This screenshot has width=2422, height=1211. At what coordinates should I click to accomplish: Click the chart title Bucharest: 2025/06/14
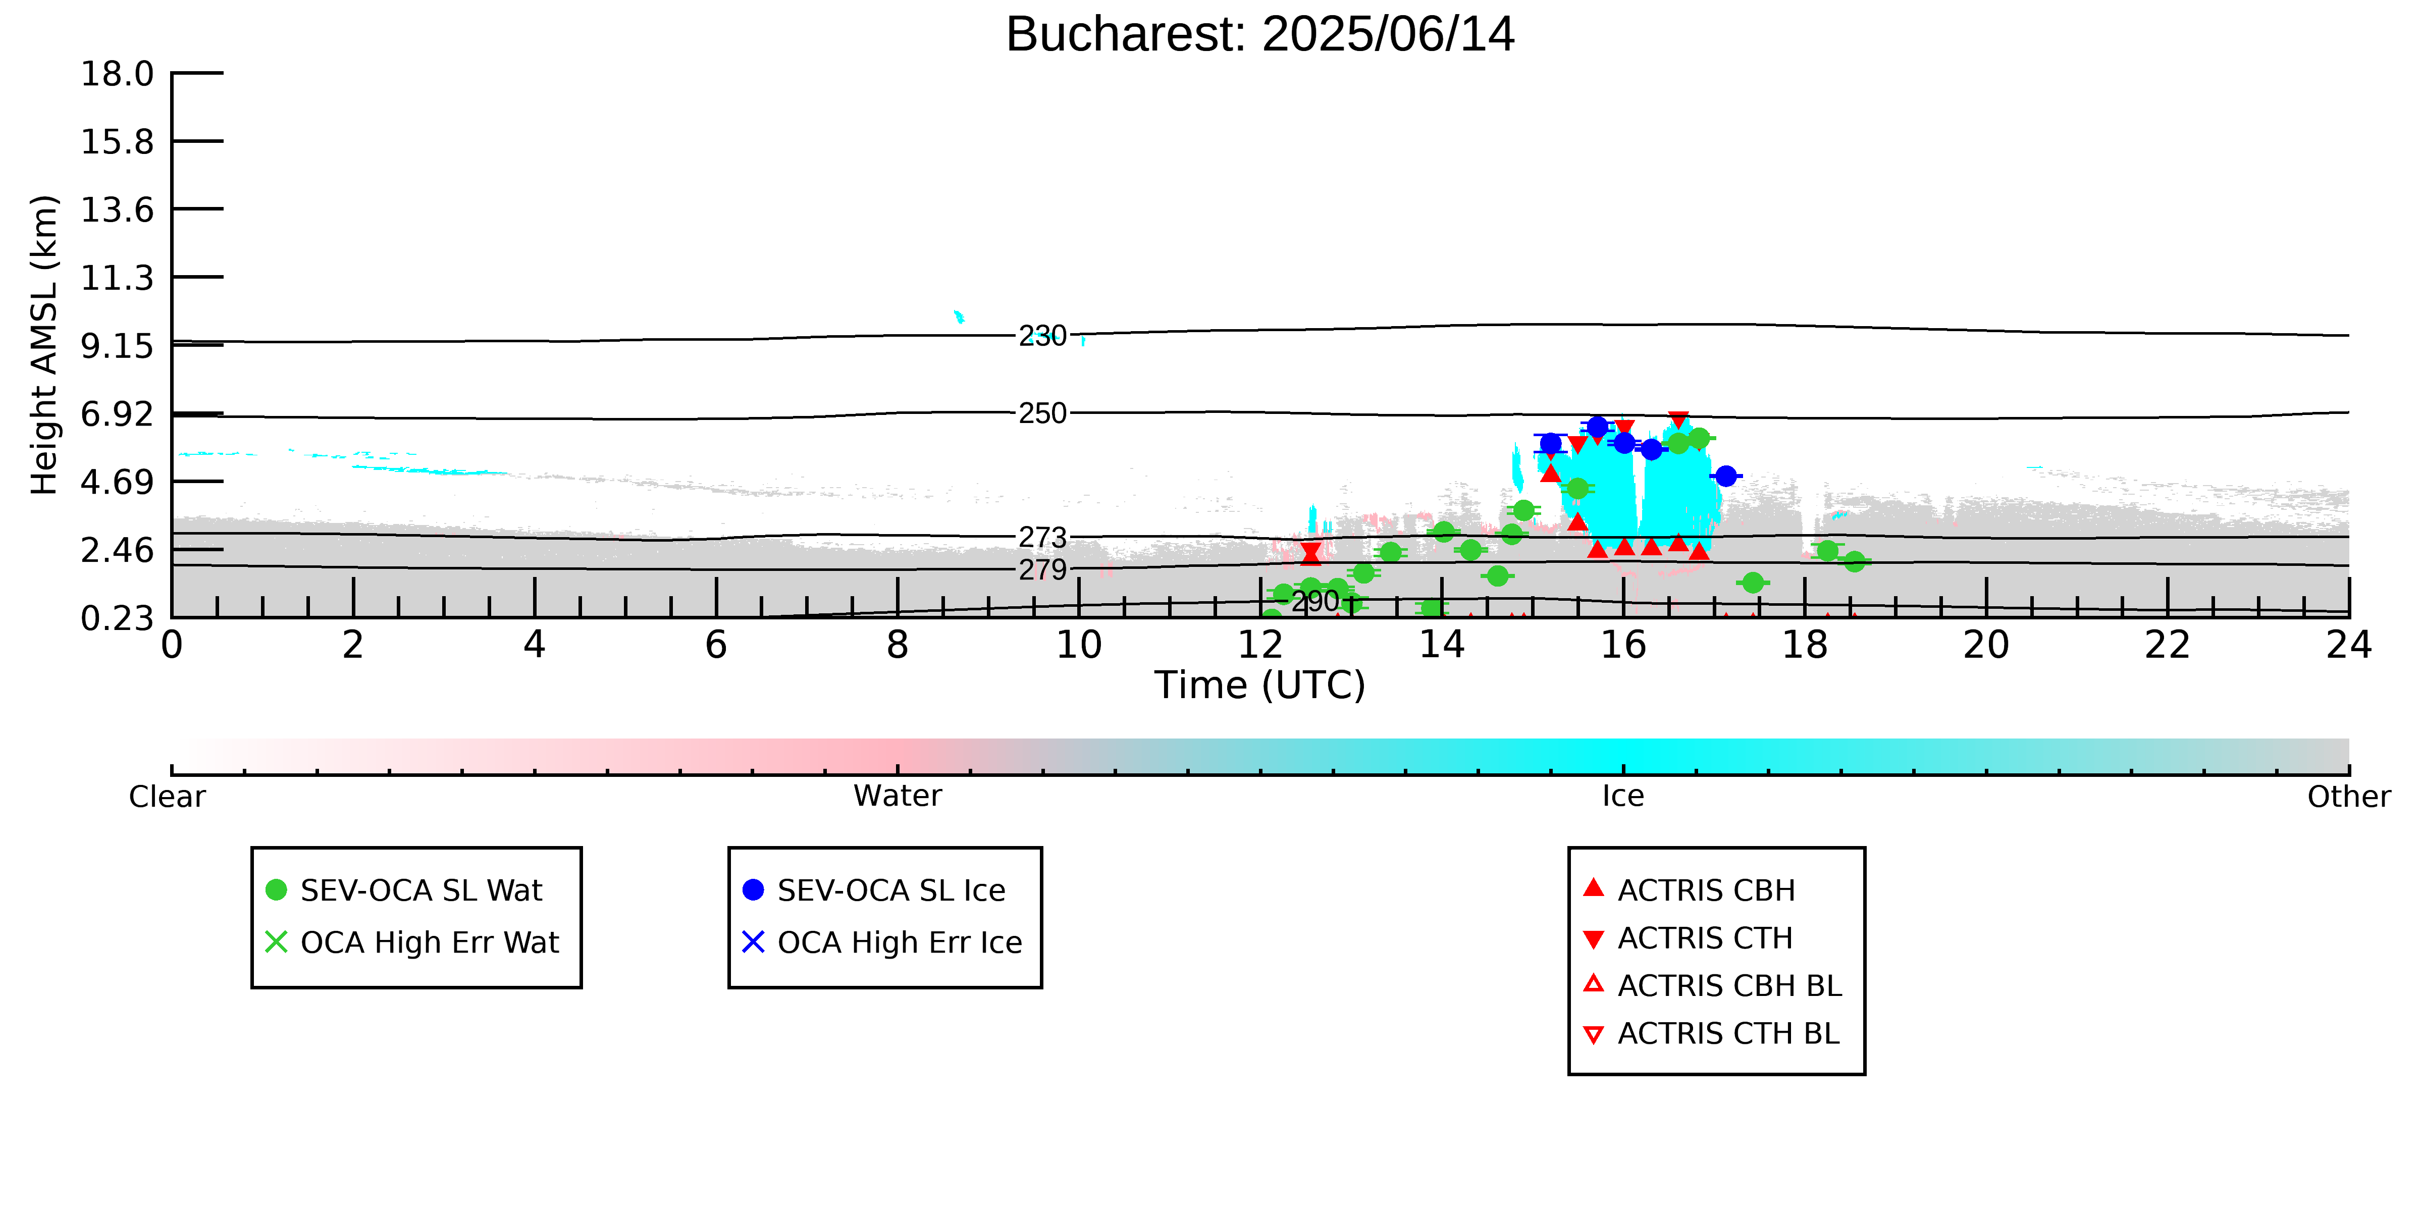1260,35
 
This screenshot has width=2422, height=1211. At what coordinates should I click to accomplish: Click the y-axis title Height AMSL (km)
44,345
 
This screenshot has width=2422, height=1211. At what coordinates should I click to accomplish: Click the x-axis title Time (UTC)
1260,686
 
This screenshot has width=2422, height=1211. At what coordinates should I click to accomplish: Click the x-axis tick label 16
1624,645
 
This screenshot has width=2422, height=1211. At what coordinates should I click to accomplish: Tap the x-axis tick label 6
716,645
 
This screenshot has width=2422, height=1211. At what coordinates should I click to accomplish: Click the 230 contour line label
1043,336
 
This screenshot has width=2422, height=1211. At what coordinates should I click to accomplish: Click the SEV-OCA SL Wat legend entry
404,890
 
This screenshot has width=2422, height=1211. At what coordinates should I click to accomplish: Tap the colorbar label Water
898,797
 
